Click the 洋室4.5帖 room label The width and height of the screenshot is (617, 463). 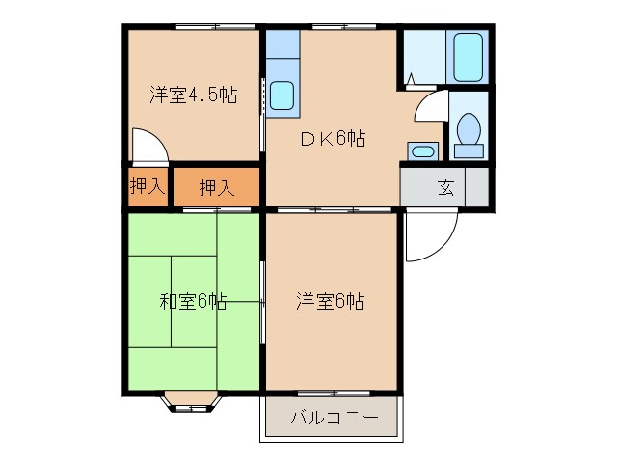point(193,95)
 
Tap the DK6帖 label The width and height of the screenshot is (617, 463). point(332,138)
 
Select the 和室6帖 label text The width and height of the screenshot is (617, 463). point(193,301)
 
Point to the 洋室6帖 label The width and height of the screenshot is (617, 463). point(330,301)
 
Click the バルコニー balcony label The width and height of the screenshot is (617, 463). point(330,419)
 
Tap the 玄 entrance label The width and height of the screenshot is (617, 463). point(445,187)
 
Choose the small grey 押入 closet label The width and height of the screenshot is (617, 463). point(147,187)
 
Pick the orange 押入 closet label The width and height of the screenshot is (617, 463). point(216,187)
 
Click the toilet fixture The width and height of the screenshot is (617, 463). point(469,133)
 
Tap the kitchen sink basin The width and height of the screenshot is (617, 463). point(282,95)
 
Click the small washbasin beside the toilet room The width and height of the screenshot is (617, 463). point(421,150)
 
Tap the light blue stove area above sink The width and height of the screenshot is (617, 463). point(282,46)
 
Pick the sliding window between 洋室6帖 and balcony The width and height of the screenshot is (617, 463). point(330,394)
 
